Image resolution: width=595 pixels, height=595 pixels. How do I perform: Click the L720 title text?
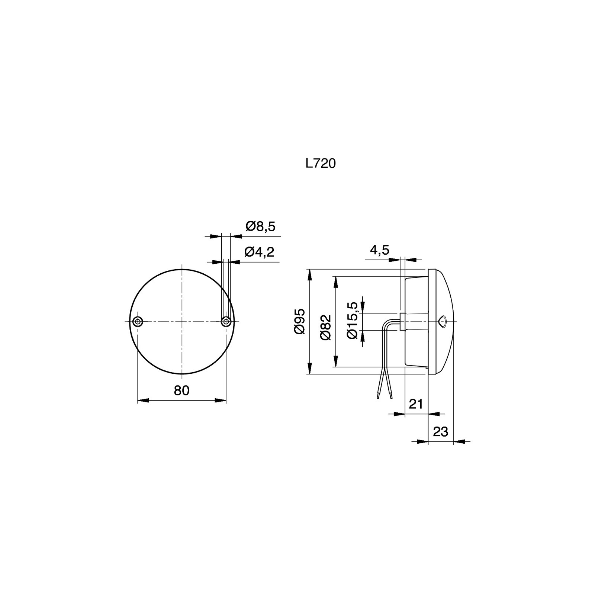321,164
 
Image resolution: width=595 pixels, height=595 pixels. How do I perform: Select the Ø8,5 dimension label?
260,226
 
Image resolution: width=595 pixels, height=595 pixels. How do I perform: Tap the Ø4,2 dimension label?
259,252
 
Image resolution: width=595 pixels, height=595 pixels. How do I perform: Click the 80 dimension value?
181,390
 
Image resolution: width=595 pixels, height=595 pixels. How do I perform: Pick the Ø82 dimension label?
325,327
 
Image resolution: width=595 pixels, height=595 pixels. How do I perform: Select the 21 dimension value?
416,403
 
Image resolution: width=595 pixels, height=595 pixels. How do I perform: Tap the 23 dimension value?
441,432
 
